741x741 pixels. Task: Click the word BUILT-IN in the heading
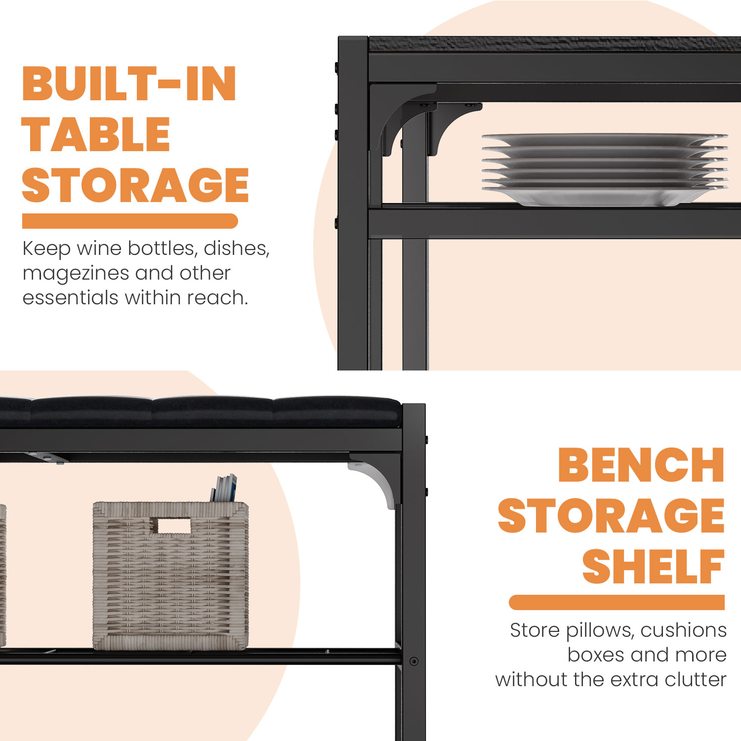point(129,84)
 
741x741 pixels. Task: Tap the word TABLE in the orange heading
point(96,135)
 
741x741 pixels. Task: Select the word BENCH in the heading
point(641,465)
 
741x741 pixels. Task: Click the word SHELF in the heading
point(654,567)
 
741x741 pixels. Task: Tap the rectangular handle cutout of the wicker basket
point(170,526)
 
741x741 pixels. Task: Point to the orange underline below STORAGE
point(130,221)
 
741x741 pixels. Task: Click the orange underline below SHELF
point(617,602)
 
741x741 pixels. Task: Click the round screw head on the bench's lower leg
point(414,661)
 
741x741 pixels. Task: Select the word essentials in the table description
point(71,298)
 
